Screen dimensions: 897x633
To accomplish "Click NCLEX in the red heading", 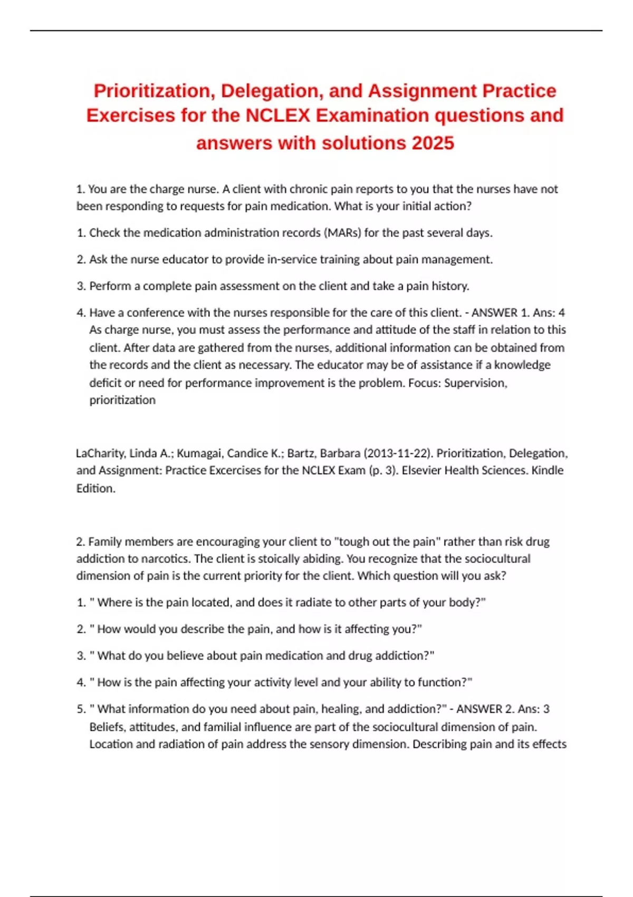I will click(x=278, y=116).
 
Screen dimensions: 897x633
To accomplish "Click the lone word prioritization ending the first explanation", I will click(x=122, y=400).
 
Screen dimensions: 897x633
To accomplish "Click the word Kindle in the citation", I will click(x=548, y=470).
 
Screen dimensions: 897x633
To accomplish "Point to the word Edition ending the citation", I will click(x=95, y=489).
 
